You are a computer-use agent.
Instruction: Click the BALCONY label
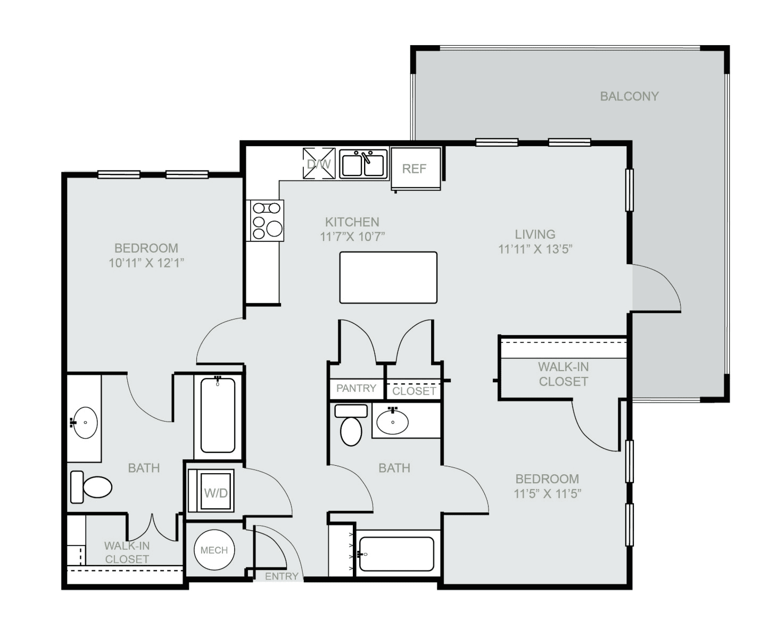[629, 96]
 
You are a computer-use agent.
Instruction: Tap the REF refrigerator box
[416, 169]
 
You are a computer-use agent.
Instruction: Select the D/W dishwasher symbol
[319, 163]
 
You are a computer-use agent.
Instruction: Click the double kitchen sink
[363, 164]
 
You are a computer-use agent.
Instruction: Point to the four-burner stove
[265, 221]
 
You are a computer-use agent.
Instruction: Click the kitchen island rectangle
[388, 278]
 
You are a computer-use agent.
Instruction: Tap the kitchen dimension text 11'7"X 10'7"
[352, 237]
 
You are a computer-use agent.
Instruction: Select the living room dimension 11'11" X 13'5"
[535, 249]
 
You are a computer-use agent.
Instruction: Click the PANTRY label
[356, 388]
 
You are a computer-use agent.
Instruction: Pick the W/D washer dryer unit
[211, 491]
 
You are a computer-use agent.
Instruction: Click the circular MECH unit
[214, 550]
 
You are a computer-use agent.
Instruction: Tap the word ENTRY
[282, 576]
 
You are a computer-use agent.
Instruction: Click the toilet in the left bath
[91, 486]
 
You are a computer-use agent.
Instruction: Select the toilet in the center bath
[351, 425]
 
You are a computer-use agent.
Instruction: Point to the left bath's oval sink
[85, 422]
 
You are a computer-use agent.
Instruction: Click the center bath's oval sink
[393, 421]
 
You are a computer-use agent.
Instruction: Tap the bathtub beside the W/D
[218, 415]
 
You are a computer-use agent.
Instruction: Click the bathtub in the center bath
[396, 554]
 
